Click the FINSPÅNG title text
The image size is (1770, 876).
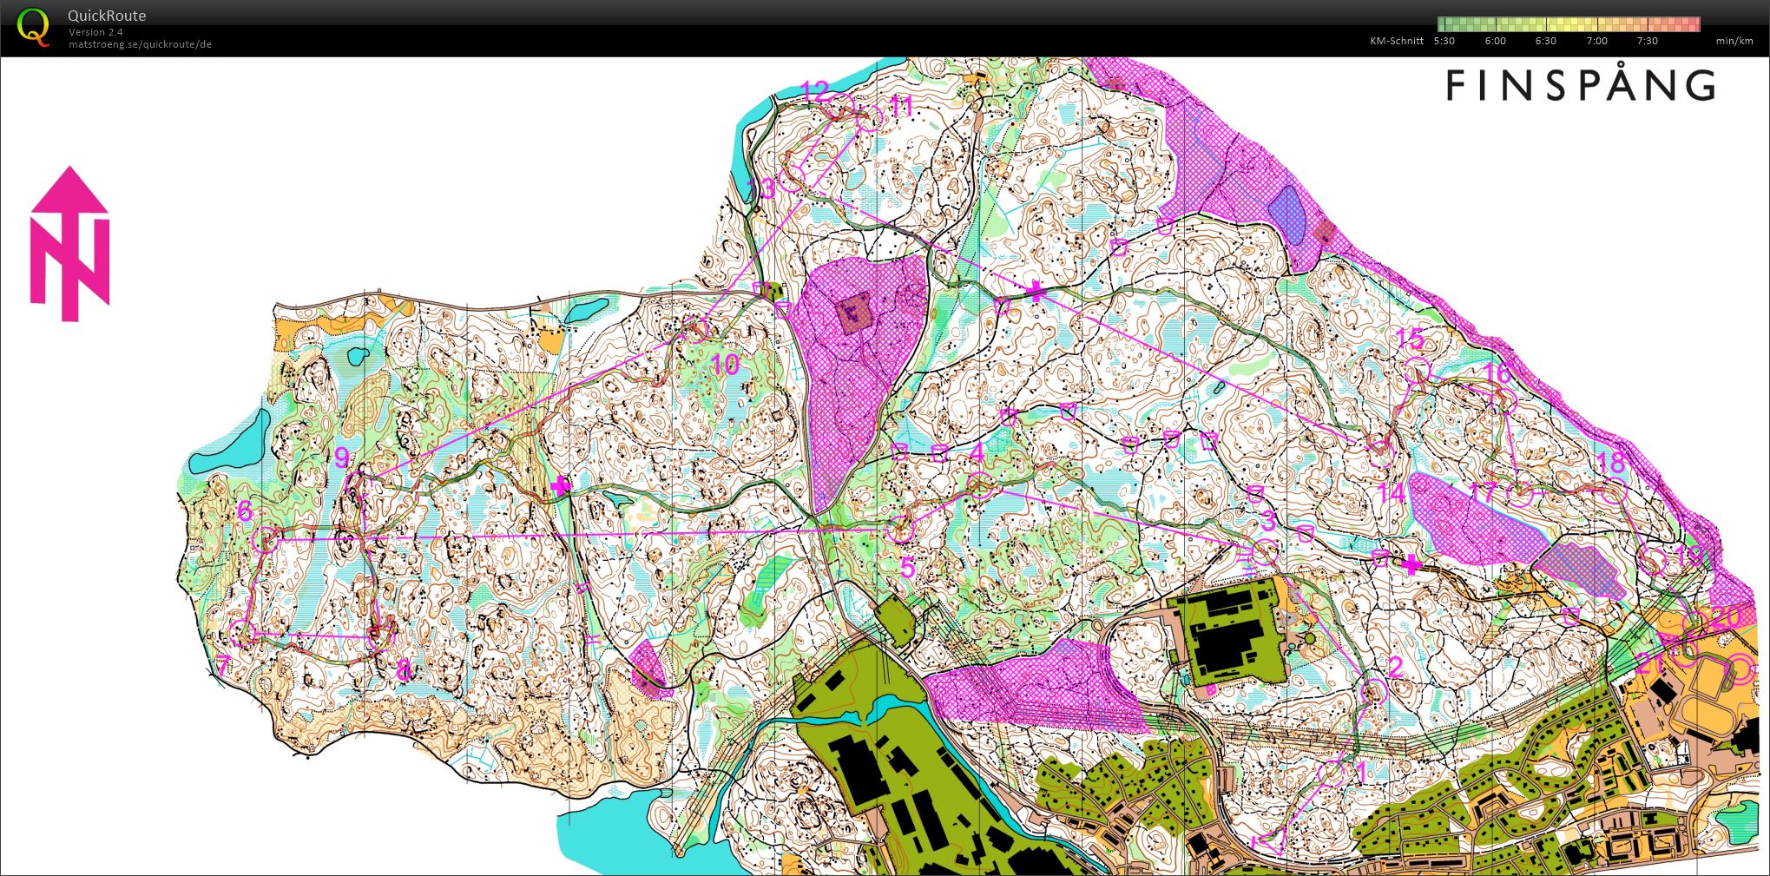pos(1580,85)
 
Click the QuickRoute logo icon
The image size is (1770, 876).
pos(34,27)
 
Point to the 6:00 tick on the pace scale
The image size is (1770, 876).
pos(1495,41)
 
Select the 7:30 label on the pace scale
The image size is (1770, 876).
pos(1647,41)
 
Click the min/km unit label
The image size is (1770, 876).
pos(1734,41)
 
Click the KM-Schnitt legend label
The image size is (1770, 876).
pos(1397,41)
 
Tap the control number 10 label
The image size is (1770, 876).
pos(726,364)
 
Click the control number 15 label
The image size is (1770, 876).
pos(1411,338)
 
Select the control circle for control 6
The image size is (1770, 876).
pos(267,540)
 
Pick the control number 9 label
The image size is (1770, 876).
pos(341,458)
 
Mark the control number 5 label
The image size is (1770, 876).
pos(907,568)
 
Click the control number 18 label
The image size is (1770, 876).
pos(1611,462)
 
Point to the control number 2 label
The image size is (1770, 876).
pos(1395,667)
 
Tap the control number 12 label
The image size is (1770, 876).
pos(815,89)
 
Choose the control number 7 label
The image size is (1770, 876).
pos(222,667)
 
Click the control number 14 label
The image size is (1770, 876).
pos(1392,493)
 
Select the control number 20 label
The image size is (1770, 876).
pos(1727,616)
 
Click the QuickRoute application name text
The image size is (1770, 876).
pos(107,16)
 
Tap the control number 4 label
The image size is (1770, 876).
pos(977,453)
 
